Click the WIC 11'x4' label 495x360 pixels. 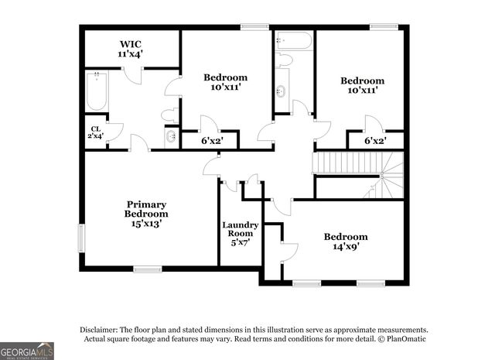click(x=131, y=49)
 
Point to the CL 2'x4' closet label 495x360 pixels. click(x=96, y=132)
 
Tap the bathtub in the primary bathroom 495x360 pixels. click(x=97, y=91)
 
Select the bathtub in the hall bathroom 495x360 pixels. click(x=294, y=39)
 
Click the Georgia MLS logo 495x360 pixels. click(x=27, y=351)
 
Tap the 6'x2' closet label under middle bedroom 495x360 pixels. click(x=211, y=141)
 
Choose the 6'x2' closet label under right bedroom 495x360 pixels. click(x=375, y=141)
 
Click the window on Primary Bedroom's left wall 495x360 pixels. click(x=81, y=238)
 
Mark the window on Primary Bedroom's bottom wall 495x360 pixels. click(x=147, y=269)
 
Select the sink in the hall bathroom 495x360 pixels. click(x=282, y=88)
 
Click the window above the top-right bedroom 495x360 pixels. click(x=381, y=27)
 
